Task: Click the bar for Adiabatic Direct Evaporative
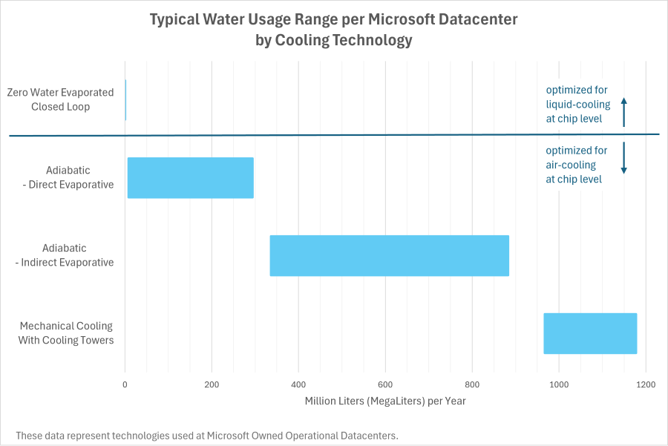coord(191,178)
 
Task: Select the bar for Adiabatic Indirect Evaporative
coord(389,255)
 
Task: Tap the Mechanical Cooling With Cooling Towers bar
coord(590,333)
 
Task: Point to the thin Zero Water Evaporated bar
coord(125,99)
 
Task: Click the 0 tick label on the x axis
coord(125,384)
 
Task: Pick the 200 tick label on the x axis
coord(212,384)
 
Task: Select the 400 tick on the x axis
coord(298,384)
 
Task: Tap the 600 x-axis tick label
coord(385,384)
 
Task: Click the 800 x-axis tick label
coord(472,384)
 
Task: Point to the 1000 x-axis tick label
coord(559,384)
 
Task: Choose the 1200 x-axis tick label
coord(646,384)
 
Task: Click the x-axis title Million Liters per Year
coord(385,401)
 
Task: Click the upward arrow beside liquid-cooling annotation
coord(624,111)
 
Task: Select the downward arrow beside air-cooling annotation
coord(624,158)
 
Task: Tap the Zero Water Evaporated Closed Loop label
coord(60,99)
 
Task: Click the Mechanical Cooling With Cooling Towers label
coord(66,333)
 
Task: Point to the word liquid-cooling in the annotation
coord(578,104)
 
